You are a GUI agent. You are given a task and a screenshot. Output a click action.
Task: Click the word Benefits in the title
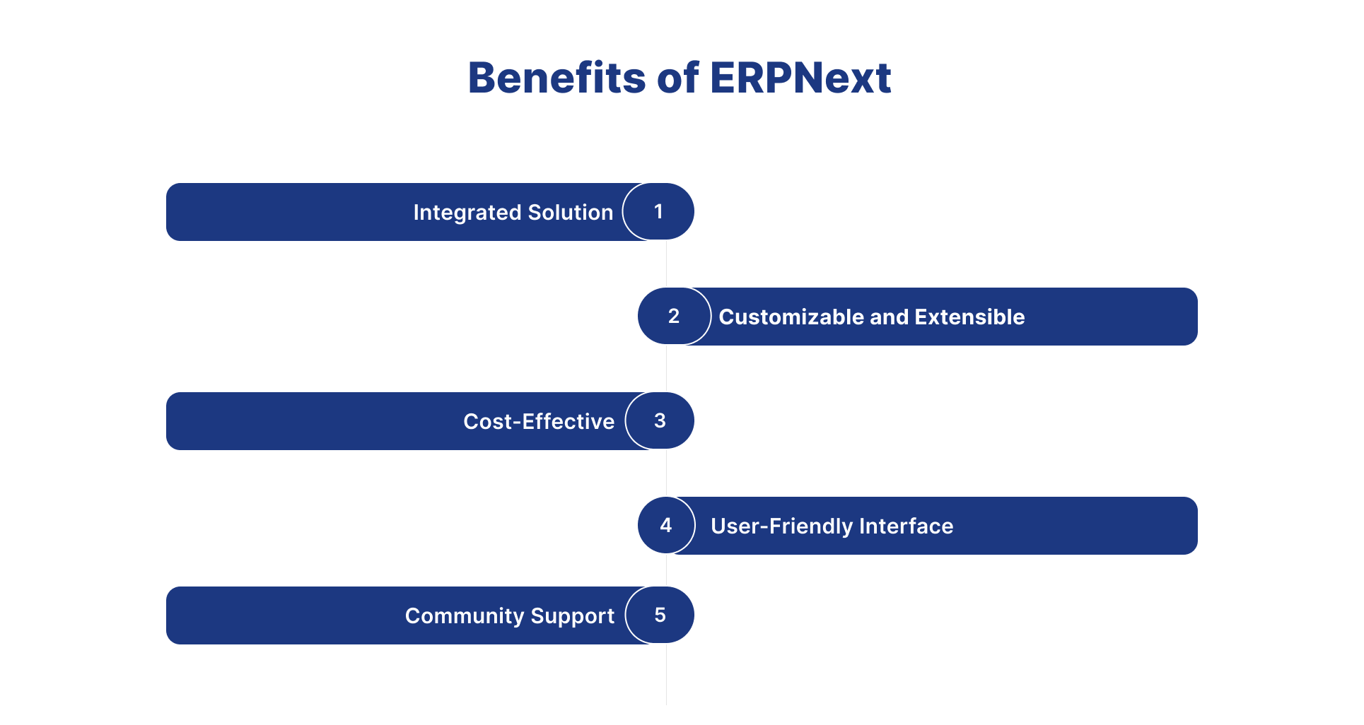point(556,78)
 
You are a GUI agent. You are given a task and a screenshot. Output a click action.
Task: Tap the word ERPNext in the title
point(800,78)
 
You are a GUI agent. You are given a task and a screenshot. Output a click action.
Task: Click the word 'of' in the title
point(677,78)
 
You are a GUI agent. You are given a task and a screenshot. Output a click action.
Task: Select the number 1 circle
point(658,212)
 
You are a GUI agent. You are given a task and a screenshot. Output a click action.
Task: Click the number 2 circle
point(674,317)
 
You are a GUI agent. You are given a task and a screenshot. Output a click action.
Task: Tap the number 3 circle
point(660,421)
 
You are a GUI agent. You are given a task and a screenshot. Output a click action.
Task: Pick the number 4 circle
point(666,526)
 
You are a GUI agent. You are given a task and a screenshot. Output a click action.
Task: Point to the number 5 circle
point(660,615)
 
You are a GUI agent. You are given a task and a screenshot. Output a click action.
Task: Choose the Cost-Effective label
point(539,422)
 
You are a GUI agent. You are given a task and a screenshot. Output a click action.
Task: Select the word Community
point(464,616)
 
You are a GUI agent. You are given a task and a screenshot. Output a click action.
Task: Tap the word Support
point(572,616)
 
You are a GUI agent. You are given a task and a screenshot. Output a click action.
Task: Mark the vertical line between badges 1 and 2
point(666,264)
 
